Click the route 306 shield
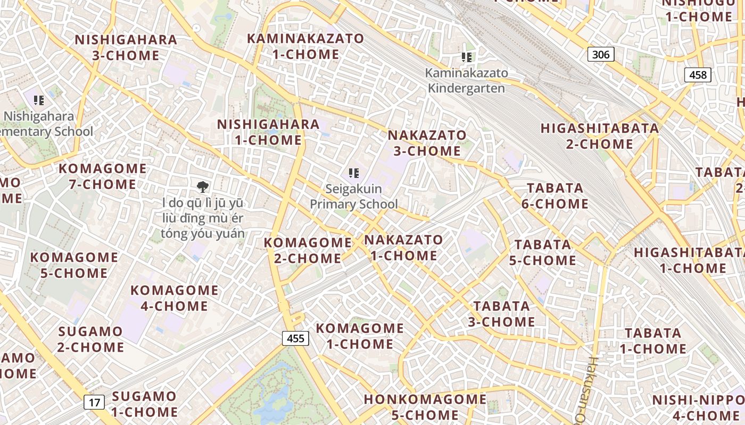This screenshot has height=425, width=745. (601, 54)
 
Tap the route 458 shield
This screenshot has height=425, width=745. (698, 75)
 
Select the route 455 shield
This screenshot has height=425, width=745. (295, 338)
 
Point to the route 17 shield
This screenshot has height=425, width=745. (94, 402)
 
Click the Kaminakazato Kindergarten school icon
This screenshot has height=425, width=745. (467, 57)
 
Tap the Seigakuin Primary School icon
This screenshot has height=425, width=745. (353, 173)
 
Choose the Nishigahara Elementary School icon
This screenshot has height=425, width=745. (38, 99)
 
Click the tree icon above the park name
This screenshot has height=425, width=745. (202, 186)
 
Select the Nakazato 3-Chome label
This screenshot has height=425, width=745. (427, 143)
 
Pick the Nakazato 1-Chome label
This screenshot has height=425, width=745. (403, 248)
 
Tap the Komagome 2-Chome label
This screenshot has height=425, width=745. (308, 250)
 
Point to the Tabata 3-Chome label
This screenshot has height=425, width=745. (501, 313)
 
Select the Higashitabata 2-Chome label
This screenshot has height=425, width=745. (600, 136)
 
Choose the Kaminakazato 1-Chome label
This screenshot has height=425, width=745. (305, 46)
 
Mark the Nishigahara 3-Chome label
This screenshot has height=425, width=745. (126, 47)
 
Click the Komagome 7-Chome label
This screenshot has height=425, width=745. (102, 176)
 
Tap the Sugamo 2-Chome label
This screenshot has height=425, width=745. (91, 339)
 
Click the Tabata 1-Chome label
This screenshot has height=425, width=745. (653, 341)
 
